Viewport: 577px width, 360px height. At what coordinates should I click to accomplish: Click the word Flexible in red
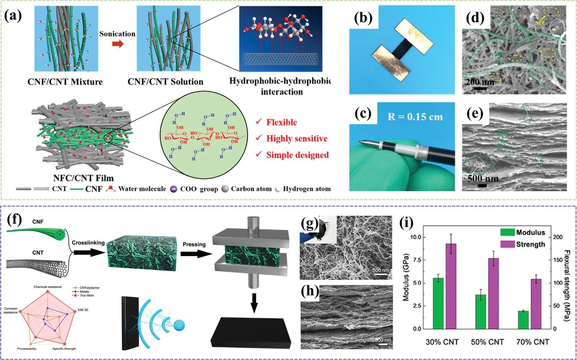[282, 123]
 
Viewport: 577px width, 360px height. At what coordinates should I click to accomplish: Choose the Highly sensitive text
[297, 138]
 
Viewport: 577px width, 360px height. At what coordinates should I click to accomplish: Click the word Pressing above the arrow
[195, 244]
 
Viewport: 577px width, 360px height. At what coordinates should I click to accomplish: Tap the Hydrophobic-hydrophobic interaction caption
[285, 86]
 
